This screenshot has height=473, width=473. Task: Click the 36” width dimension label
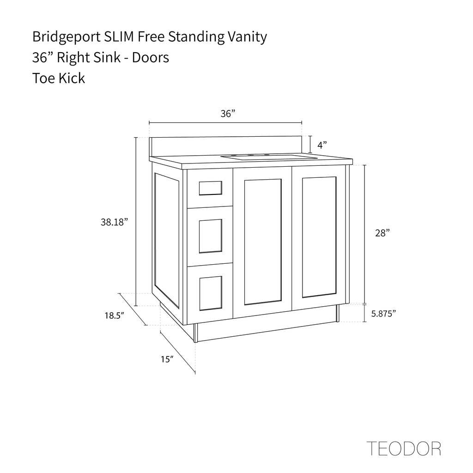[x=228, y=114]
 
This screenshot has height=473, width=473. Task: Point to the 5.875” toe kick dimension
[x=384, y=314]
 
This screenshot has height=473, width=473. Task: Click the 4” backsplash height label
[x=322, y=145]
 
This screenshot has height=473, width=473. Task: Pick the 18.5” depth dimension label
[x=115, y=316]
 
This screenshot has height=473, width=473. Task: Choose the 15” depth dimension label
[x=167, y=359]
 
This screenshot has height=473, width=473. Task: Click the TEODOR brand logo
[x=403, y=448]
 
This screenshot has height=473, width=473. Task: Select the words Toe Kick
[x=58, y=78]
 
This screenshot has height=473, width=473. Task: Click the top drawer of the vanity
[x=210, y=188]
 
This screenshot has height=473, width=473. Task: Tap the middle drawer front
[x=210, y=236]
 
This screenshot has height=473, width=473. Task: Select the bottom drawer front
[x=210, y=292]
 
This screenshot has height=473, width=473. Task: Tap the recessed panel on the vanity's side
[x=166, y=239]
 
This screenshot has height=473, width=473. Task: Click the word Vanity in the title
[x=248, y=37]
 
